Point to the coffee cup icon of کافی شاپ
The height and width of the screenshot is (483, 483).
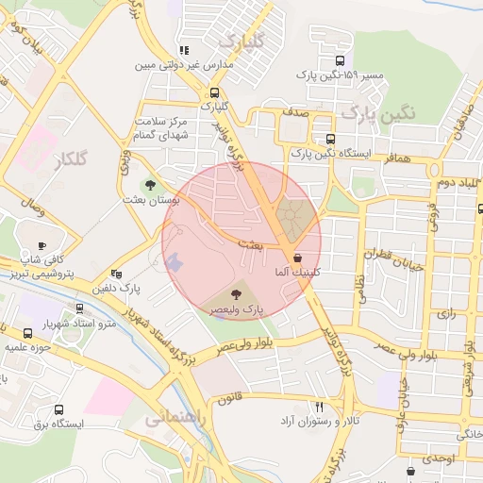42,245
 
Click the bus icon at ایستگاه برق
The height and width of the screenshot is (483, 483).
59,410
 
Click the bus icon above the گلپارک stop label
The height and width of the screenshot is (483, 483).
215,92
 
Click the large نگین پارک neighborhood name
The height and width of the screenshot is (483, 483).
378,113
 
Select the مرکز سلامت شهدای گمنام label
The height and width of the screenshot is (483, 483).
162,129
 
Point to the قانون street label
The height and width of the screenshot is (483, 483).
233,399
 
